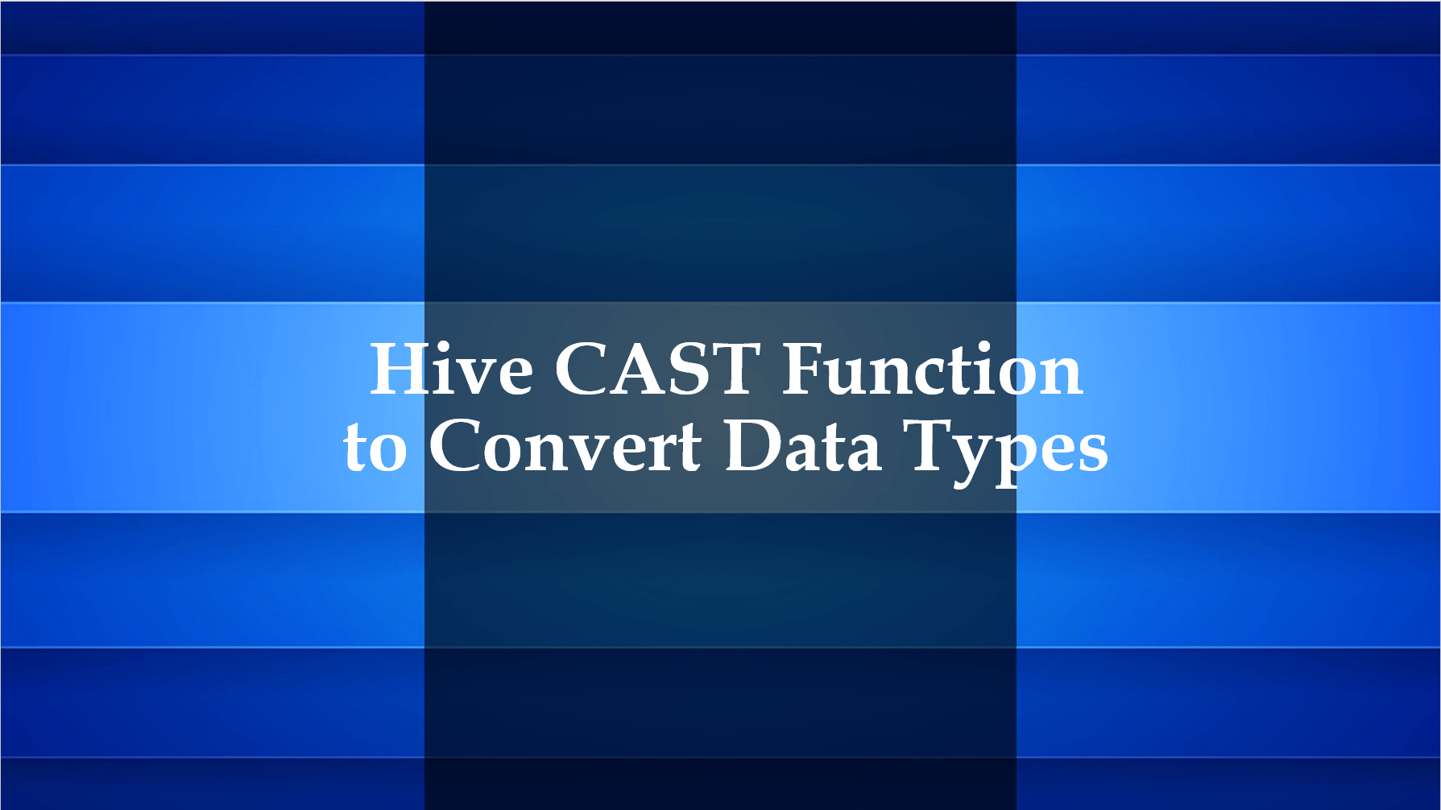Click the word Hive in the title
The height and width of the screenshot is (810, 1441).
click(x=451, y=370)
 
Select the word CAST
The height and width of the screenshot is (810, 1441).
click(x=657, y=370)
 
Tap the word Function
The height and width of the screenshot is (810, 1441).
click(x=932, y=370)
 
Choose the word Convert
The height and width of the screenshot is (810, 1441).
click(x=565, y=447)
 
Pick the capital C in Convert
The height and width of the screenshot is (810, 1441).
click(x=456, y=447)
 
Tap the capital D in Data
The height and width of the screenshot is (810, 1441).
click(x=752, y=447)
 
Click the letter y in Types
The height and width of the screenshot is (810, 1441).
click(x=970, y=459)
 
